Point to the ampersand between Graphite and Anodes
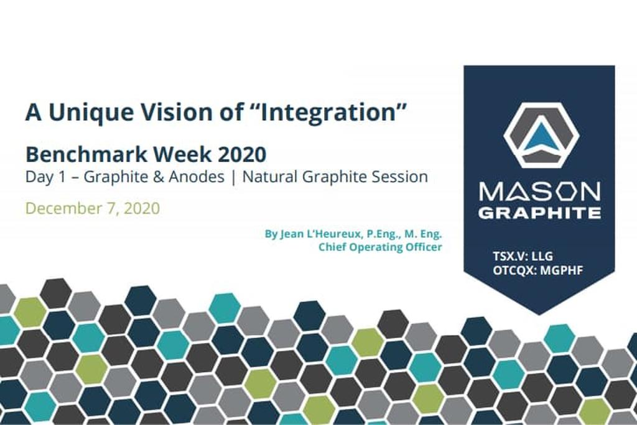159,177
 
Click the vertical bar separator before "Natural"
233,177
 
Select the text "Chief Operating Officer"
380,247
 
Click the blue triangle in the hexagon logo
540,137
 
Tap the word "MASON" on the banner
539,191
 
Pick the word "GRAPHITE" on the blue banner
539,212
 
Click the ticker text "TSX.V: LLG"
523,256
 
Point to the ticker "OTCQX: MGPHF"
538,270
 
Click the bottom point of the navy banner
539,314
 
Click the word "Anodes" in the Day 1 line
197,177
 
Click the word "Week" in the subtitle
182,154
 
